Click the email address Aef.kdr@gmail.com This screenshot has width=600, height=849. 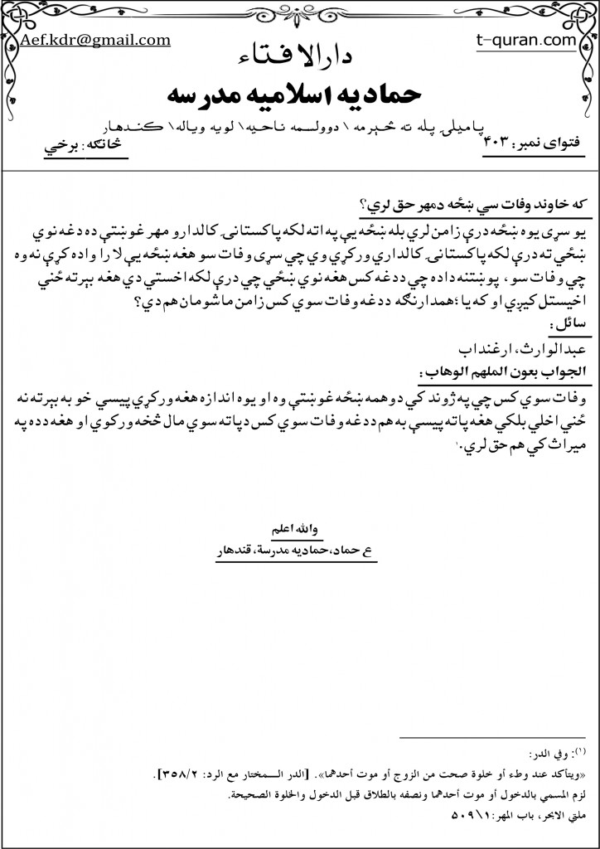tap(95, 39)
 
